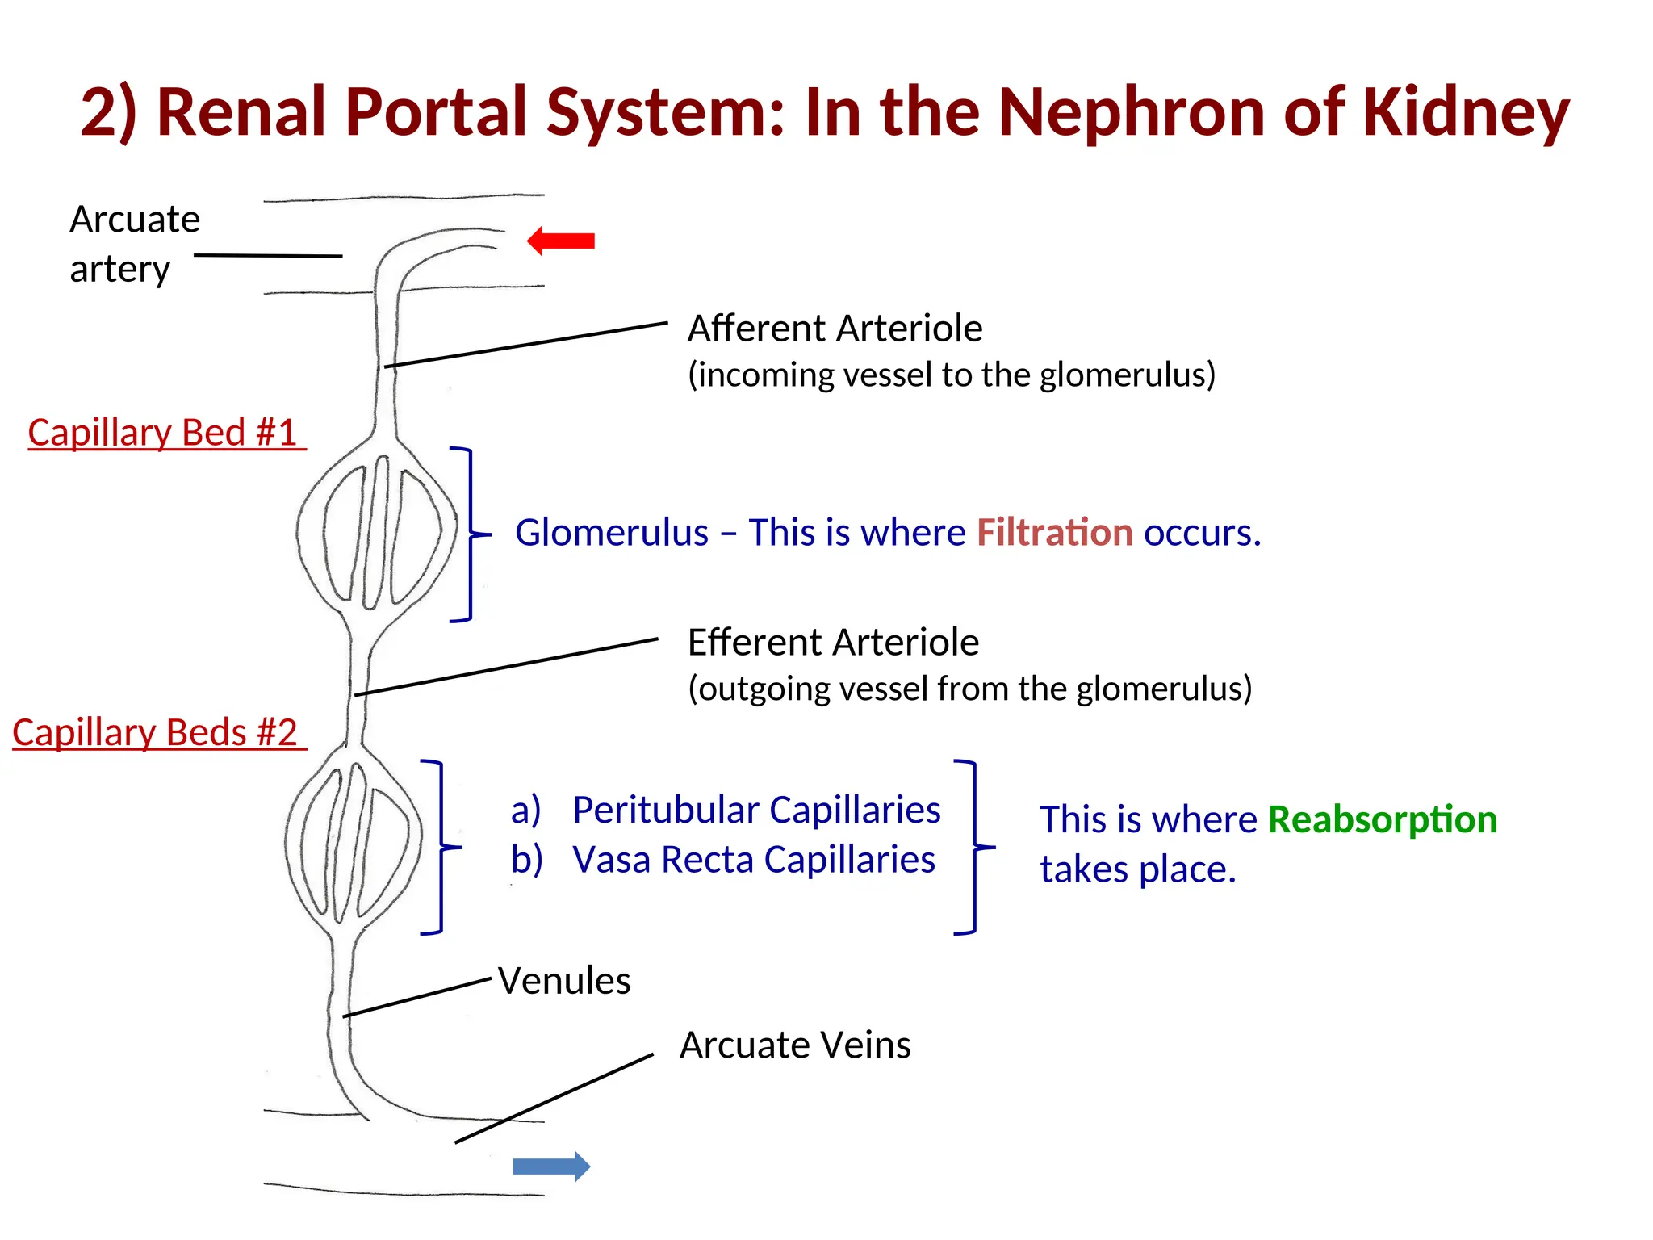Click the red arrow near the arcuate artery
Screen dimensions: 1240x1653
point(561,241)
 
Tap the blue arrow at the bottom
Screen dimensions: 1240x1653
point(552,1166)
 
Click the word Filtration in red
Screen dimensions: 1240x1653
point(1054,533)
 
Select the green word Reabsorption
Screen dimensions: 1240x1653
point(1382,819)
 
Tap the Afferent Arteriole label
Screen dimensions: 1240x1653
point(835,329)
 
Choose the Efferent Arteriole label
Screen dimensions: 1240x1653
point(833,643)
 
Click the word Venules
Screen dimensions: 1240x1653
point(563,981)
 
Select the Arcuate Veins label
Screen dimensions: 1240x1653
point(795,1045)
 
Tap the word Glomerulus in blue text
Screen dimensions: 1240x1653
point(611,533)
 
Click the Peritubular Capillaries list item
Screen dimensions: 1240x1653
point(755,810)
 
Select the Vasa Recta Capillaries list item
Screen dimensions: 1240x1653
point(753,860)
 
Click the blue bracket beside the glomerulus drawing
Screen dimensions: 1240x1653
point(471,534)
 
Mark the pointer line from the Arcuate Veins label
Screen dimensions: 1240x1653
point(554,1099)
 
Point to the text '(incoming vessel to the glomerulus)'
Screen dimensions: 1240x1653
point(951,375)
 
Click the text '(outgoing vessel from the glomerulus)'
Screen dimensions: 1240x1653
point(969,689)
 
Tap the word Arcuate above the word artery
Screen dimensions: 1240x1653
point(135,220)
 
